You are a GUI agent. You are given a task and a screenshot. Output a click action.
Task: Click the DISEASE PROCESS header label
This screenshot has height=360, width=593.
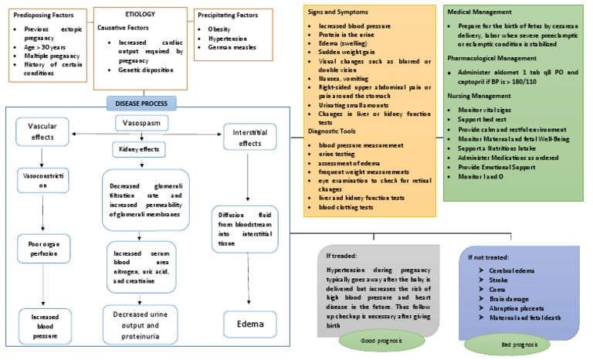(141, 103)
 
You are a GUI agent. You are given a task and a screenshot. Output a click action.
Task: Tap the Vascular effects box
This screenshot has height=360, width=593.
(43, 131)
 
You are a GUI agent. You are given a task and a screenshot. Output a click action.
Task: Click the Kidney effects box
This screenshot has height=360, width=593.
(141, 148)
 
